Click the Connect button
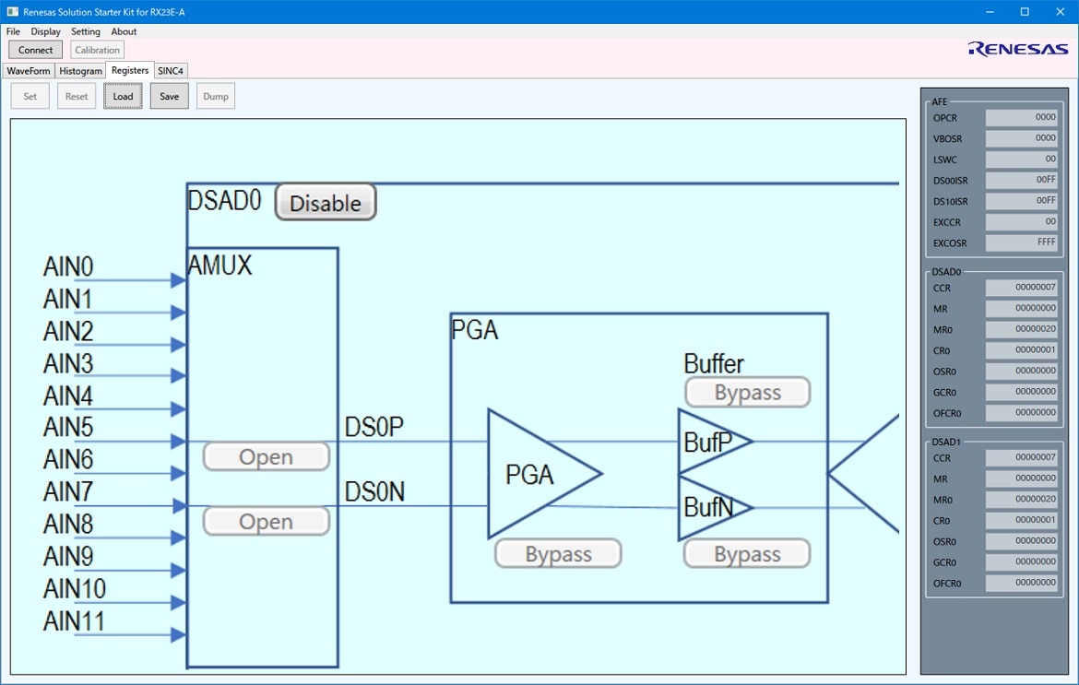35,50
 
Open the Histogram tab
80,71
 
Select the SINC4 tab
170,71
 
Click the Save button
170,96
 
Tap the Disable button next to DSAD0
326,203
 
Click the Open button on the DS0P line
267,456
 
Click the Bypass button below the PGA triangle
558,554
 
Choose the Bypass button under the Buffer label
747,392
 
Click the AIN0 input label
68,266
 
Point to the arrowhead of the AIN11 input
178,635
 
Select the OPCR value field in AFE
1021,118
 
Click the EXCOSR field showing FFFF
1021,242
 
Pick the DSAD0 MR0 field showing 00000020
1021,329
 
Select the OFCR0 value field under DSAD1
1021,584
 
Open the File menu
13,31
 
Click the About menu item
124,31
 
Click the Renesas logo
1018,49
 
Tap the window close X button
1061,12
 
